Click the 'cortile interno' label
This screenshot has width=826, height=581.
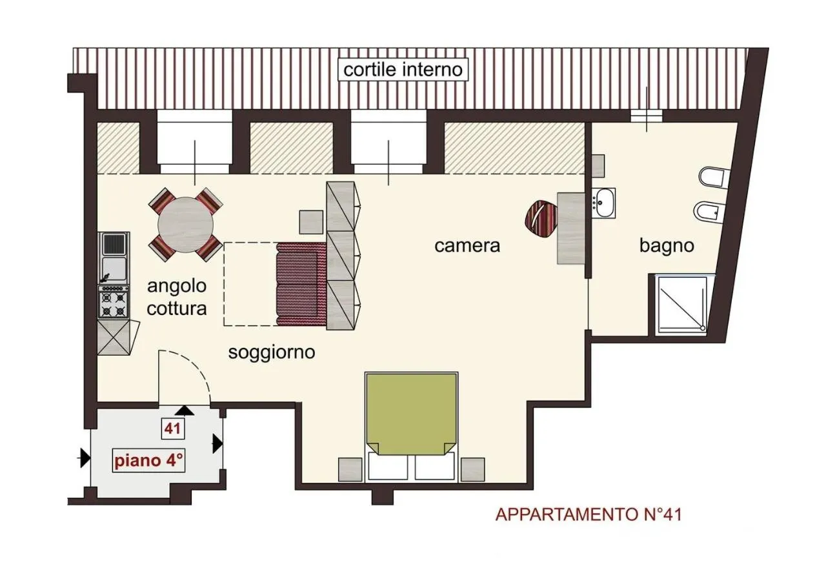click(x=403, y=70)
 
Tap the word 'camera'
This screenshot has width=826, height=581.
click(x=467, y=246)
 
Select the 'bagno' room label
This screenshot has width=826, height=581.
click(x=667, y=245)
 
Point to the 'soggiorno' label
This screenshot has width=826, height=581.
click(x=272, y=352)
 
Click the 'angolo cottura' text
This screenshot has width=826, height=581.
click(x=177, y=297)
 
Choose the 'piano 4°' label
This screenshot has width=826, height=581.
click(x=149, y=461)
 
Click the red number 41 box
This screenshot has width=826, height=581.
click(x=172, y=427)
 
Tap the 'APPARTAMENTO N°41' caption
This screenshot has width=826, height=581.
click(x=589, y=515)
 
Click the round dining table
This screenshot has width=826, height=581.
click(x=186, y=224)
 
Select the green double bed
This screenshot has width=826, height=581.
click(x=411, y=413)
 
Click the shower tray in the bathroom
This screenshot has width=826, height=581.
click(x=681, y=305)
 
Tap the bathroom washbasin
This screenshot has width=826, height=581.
click(x=605, y=203)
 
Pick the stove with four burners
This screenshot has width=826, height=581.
click(x=114, y=302)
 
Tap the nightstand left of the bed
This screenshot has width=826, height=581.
click(x=350, y=469)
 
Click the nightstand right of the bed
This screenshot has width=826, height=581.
click(x=472, y=469)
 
